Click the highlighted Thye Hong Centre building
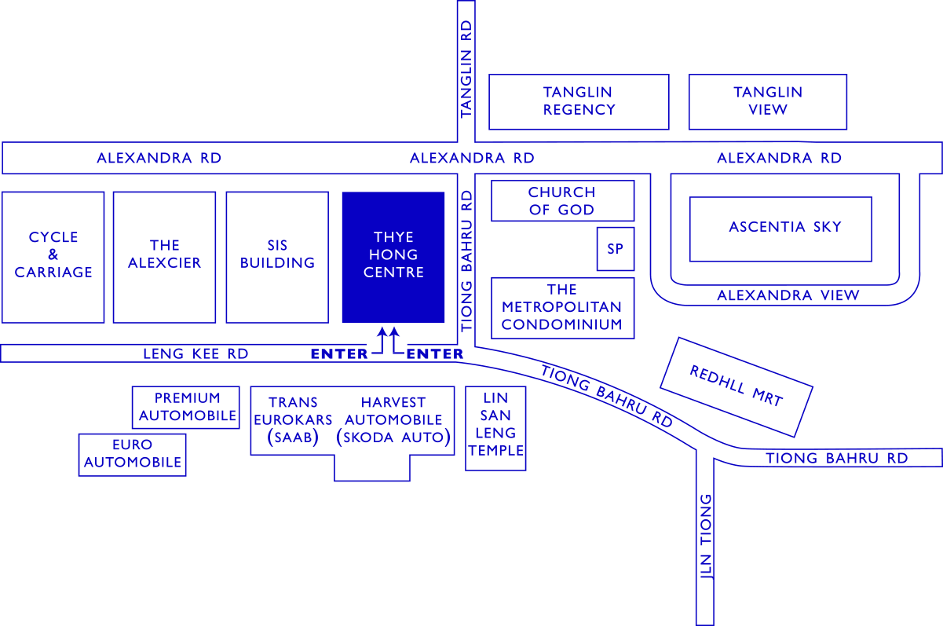(x=393, y=256)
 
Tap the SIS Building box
(x=277, y=256)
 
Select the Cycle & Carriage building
(x=53, y=256)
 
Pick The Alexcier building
(x=164, y=256)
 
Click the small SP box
(x=615, y=249)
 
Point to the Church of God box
(x=562, y=201)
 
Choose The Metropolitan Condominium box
(x=562, y=307)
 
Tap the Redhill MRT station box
(x=736, y=386)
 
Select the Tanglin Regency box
(x=579, y=101)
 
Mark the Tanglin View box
(x=768, y=101)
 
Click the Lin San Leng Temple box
(x=495, y=428)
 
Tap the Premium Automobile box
(x=186, y=407)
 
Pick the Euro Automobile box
(x=132, y=454)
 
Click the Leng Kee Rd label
(x=196, y=354)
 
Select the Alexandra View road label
(x=788, y=296)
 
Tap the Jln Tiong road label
(x=706, y=536)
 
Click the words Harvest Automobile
(x=393, y=412)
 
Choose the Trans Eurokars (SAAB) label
(x=293, y=420)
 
